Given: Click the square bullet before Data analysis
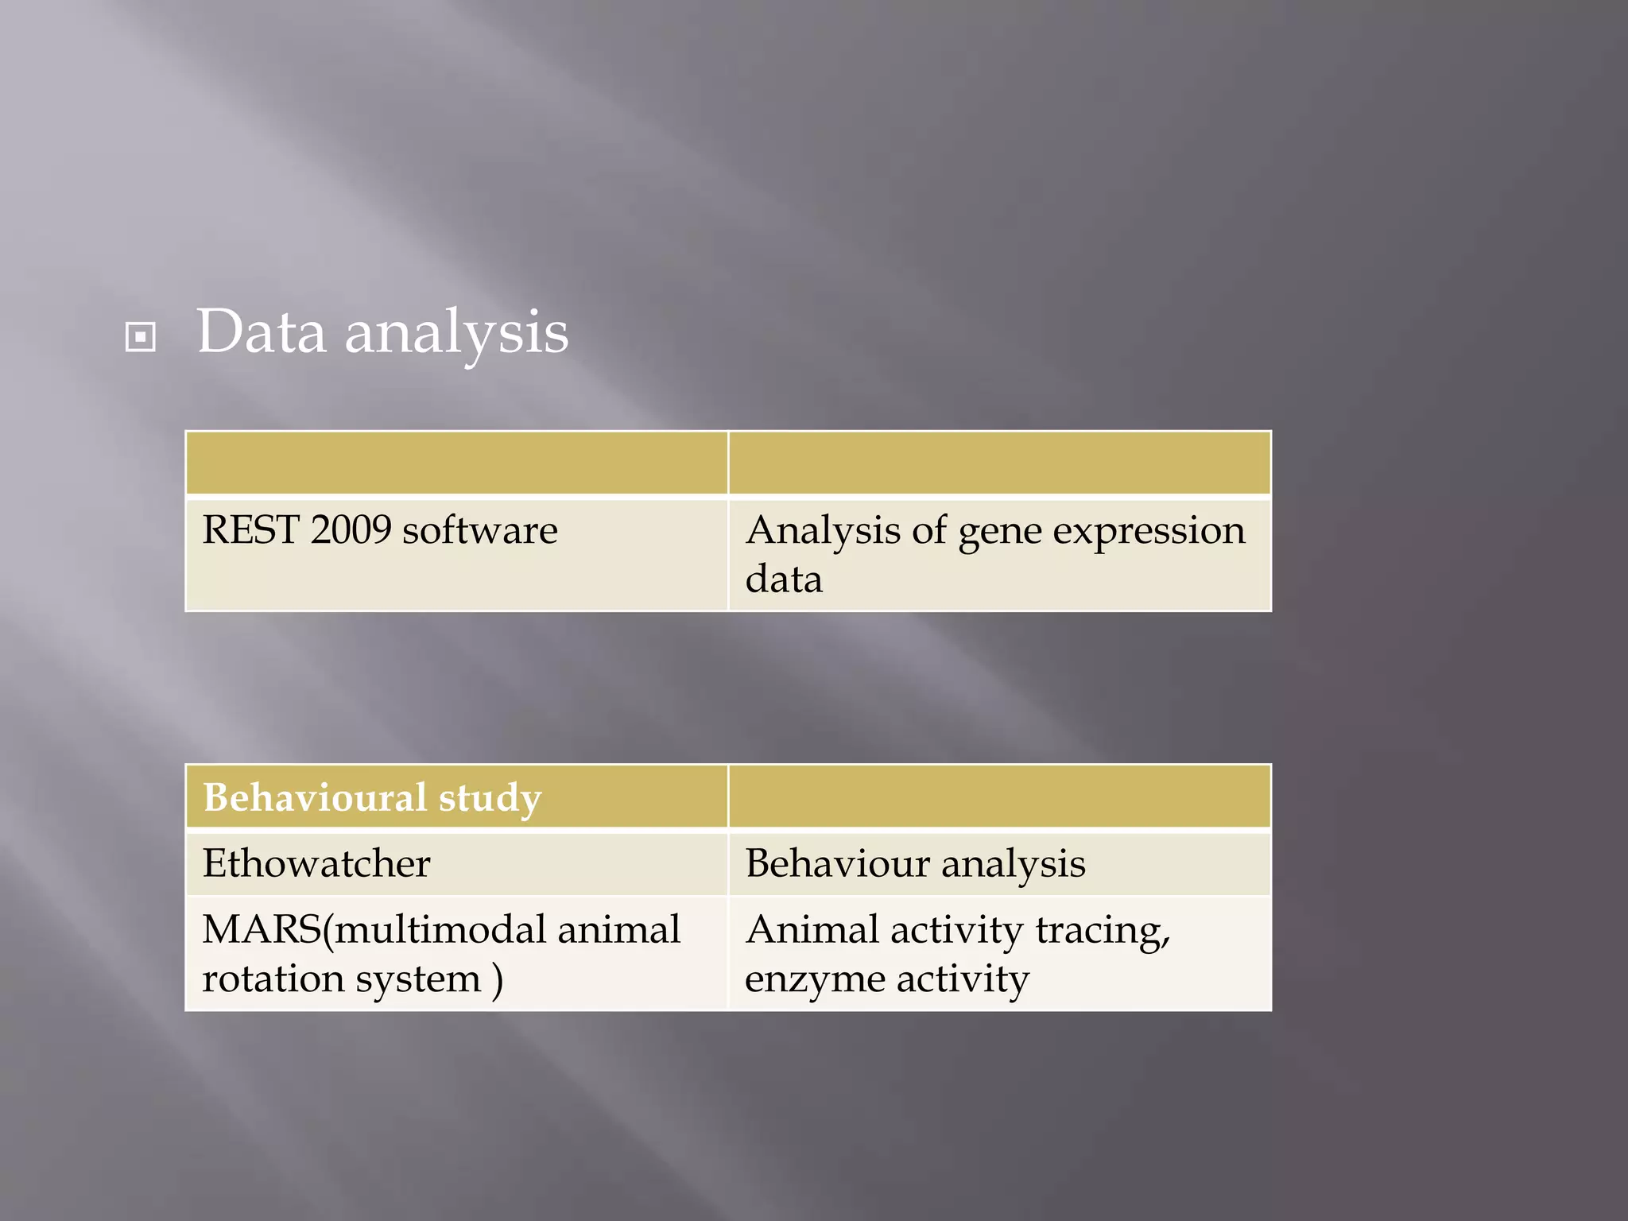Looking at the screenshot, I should (141, 337).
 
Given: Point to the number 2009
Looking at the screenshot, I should (351, 529).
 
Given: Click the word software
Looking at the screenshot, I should (479, 531).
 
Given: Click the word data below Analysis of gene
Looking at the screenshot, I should (783, 579).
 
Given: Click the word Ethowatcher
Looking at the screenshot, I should (316, 863).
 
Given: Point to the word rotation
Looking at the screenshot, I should (272, 978).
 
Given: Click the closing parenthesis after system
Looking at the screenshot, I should (498, 979).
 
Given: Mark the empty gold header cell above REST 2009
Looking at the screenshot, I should (456, 463).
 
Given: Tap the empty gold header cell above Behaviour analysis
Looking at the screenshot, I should (999, 797).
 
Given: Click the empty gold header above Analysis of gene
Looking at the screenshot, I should (999, 463).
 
